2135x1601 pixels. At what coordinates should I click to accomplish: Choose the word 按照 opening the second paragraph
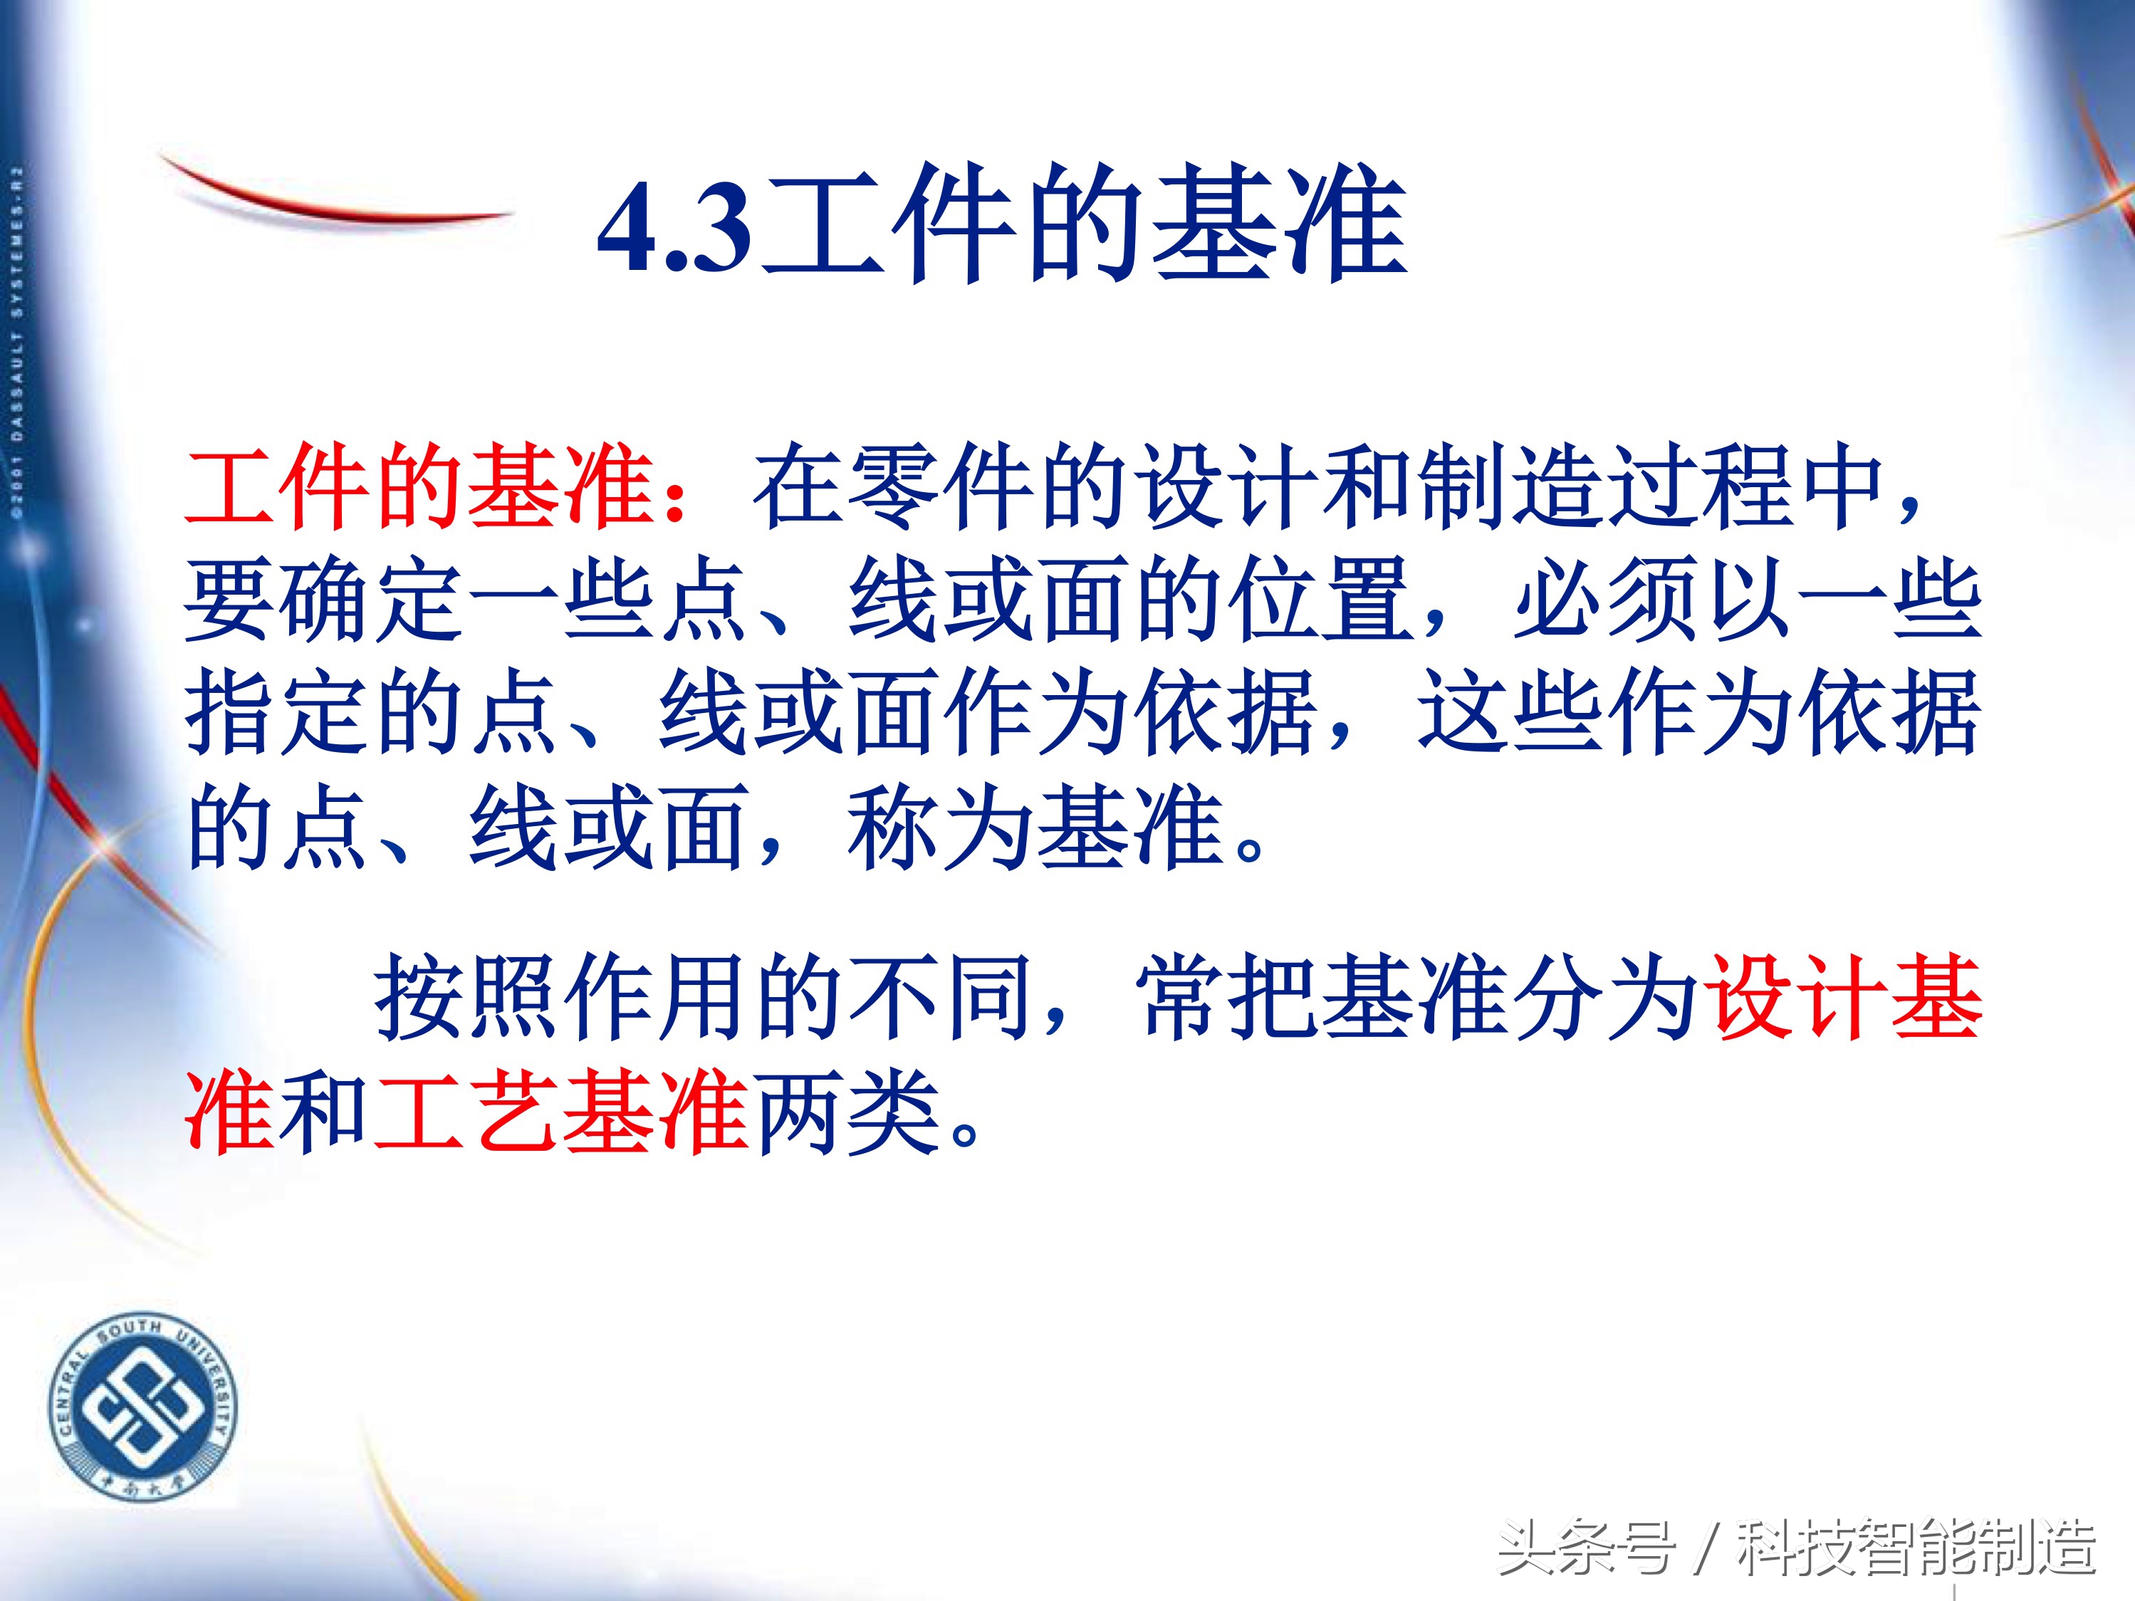coord(468,998)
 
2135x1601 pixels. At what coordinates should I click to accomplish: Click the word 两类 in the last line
coord(847,1112)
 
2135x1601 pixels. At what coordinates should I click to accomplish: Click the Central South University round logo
coord(143,1407)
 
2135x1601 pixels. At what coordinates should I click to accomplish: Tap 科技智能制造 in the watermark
coord(1916,1548)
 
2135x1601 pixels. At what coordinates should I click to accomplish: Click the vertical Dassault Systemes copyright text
coord(17,343)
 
